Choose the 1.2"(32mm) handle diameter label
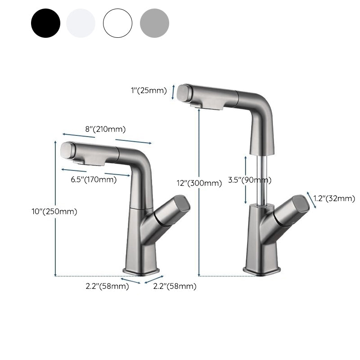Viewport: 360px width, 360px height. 334,198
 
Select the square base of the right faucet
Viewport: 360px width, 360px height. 262,270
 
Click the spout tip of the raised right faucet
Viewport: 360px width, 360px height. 185,93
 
